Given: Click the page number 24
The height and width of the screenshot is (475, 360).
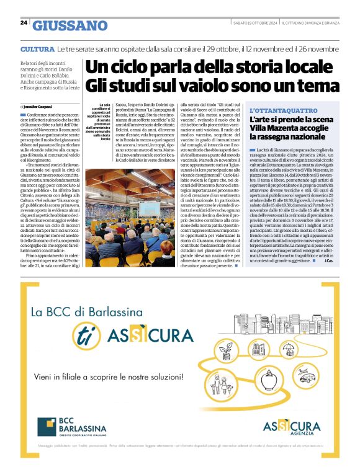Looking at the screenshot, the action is [24, 23].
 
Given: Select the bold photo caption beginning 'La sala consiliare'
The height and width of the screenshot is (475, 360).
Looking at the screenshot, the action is [101, 122].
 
